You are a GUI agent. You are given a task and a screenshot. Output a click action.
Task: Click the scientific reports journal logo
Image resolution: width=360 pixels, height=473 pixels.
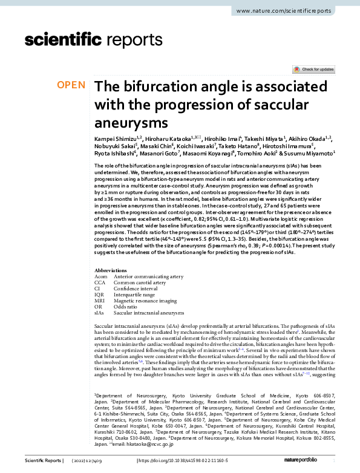click(94, 41)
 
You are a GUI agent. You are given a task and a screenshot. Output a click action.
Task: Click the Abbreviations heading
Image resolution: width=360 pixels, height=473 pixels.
click(111, 270)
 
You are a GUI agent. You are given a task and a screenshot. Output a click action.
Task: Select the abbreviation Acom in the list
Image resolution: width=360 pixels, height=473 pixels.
click(100, 276)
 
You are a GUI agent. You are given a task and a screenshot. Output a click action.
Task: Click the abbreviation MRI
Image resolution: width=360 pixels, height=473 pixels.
click(100, 301)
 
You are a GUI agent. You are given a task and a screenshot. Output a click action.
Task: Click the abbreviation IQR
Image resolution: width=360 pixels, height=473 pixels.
click(100, 295)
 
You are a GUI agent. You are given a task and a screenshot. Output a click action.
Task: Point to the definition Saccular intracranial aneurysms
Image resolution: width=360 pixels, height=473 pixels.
click(149, 313)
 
